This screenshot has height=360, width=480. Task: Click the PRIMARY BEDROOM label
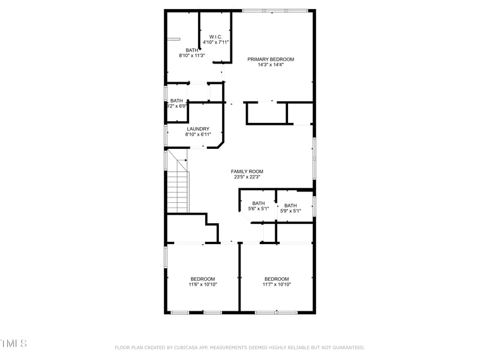[271, 59]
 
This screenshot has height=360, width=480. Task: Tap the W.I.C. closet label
[215, 37]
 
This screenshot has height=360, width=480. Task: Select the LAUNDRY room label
[197, 128]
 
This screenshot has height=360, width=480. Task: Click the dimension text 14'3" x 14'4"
[271, 65]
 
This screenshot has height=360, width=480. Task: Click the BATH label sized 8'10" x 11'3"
[191, 50]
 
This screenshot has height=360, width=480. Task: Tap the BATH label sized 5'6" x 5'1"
[258, 203]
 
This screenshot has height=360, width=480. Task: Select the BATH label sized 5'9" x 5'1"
[290, 205]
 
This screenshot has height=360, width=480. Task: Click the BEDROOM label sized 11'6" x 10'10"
[202, 279]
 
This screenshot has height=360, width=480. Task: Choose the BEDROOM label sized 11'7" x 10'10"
[277, 279]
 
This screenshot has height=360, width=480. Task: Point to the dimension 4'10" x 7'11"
[215, 43]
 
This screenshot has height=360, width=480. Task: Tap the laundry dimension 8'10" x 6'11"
[197, 134]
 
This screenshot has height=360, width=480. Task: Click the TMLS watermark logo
[13, 343]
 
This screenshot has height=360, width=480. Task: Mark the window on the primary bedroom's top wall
[275, 10]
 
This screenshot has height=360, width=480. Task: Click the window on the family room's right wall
[313, 157]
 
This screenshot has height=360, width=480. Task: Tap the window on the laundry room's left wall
[166, 135]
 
